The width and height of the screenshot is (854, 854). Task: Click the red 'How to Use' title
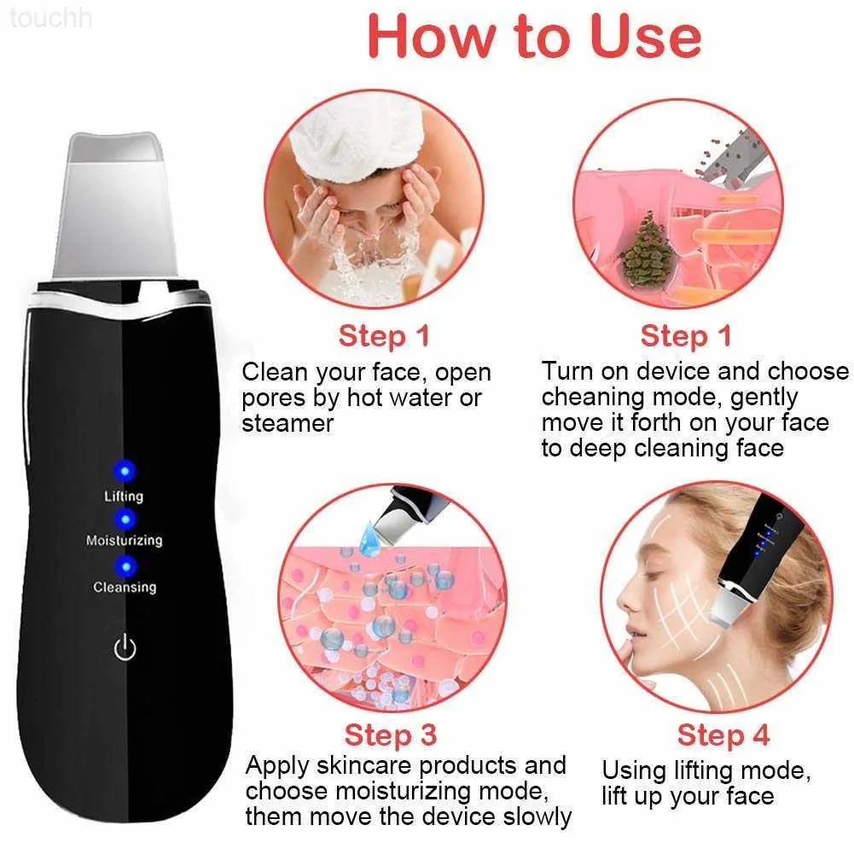click(x=534, y=37)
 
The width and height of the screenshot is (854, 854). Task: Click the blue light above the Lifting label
click(x=125, y=469)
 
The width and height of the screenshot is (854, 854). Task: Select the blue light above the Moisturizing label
click(x=125, y=518)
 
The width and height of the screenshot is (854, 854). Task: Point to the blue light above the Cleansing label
click(x=125, y=565)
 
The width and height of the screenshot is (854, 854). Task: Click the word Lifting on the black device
click(x=124, y=496)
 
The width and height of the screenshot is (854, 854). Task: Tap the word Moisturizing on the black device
click(x=124, y=541)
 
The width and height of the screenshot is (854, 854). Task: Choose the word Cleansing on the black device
click(x=125, y=587)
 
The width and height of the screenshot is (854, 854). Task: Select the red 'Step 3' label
click(x=390, y=735)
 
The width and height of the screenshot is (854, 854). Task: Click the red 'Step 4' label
click(x=723, y=735)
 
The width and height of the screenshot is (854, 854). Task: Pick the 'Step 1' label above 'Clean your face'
click(x=384, y=335)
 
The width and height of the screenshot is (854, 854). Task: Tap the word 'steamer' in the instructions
click(x=287, y=424)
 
